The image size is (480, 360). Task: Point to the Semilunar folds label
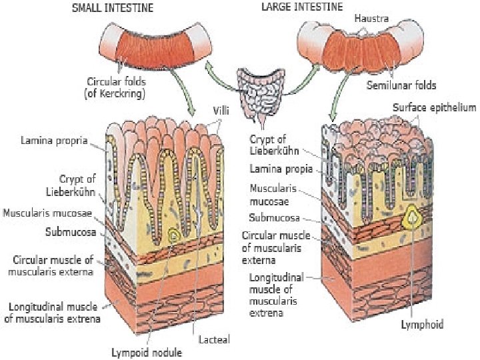401,85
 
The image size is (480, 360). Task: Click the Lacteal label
211,339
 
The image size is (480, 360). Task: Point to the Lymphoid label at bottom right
422,325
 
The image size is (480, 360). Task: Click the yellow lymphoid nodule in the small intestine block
175,235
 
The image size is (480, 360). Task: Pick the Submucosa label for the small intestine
71,233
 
